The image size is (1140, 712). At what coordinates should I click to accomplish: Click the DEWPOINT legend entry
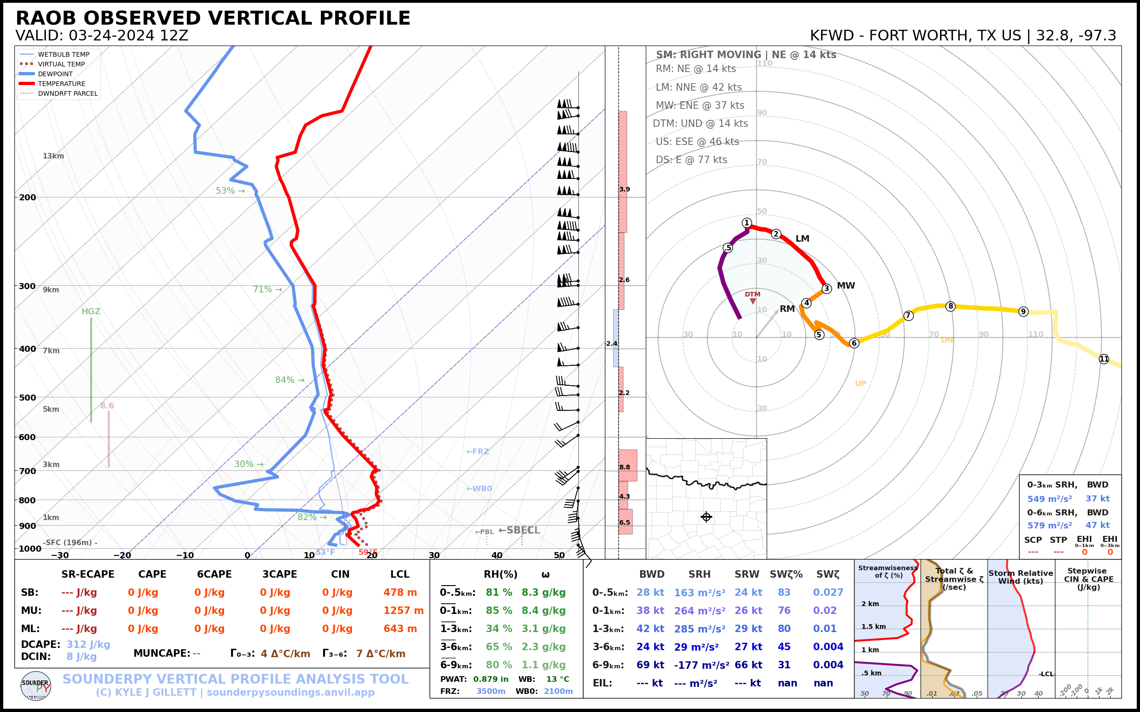(55, 74)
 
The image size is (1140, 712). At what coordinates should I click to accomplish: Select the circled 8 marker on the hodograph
(951, 306)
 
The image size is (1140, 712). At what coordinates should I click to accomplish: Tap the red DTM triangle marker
(753, 301)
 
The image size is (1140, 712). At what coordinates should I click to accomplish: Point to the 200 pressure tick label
(27, 198)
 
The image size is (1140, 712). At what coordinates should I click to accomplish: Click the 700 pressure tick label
(27, 471)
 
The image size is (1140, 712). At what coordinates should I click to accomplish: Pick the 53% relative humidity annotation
(230, 191)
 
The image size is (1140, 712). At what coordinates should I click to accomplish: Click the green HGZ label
(91, 311)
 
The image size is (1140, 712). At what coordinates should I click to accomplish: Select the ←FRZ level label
(477, 452)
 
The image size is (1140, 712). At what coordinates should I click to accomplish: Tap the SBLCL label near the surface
(519, 530)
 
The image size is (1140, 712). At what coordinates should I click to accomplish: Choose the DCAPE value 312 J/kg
(88, 644)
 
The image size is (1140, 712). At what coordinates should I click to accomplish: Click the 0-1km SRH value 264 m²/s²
(700, 611)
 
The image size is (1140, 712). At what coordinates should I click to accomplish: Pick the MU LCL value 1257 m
(403, 611)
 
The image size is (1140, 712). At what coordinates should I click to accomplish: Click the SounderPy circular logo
(36, 686)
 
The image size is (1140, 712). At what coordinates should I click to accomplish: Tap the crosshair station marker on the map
(706, 517)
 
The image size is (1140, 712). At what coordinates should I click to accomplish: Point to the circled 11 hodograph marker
(1104, 359)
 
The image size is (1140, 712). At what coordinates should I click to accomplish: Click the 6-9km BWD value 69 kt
(650, 665)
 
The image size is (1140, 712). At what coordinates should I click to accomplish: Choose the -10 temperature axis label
(185, 556)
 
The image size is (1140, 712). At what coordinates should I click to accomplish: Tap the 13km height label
(53, 156)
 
